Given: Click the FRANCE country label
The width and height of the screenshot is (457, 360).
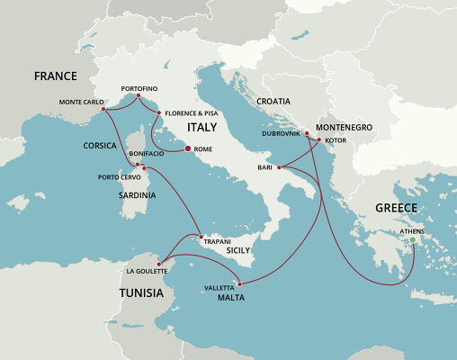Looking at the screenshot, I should [x=55, y=76].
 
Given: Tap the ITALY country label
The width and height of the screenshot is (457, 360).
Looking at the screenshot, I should [x=202, y=129].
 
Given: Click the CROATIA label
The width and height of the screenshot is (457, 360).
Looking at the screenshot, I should [x=273, y=102].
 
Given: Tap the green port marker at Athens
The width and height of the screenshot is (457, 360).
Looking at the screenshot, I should [x=414, y=239].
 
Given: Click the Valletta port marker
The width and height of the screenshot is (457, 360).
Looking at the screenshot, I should [x=238, y=284].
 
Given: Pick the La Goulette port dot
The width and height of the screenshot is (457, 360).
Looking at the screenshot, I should [x=158, y=263].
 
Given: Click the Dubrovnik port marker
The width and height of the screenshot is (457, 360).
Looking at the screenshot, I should [x=307, y=134].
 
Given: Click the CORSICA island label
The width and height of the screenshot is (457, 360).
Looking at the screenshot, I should [x=101, y=144].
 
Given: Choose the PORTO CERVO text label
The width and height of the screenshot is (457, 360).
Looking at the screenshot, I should [x=117, y=176].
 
